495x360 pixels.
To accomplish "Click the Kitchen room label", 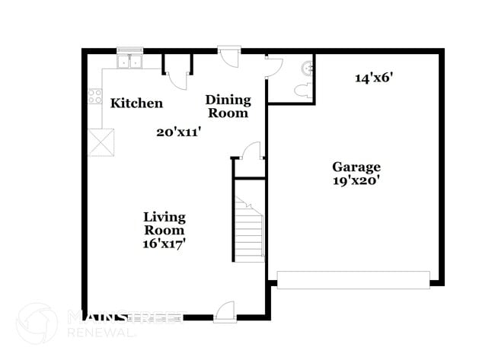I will pos(136,103).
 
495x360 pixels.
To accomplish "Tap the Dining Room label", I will pos(228,106).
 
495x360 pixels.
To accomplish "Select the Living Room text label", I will pos(164,223).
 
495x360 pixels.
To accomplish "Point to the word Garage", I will pos(356,167).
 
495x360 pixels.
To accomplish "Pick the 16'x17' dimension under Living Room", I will pos(164,244).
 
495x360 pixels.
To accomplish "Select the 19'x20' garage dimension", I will pos(356,181).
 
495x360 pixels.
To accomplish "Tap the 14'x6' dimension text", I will pos(373,77).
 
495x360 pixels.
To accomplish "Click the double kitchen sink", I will pos(130,62).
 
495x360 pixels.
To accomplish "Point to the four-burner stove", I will pos(95,96).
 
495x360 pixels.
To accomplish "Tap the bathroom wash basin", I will pos(308,68).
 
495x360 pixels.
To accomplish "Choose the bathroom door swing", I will pos(273,67).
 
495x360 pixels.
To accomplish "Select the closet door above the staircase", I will pos(251,151).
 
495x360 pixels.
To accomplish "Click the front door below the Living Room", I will pos(224,311).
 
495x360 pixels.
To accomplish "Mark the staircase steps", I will pos(249,232).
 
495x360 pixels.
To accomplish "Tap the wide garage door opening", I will pos(353,279).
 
